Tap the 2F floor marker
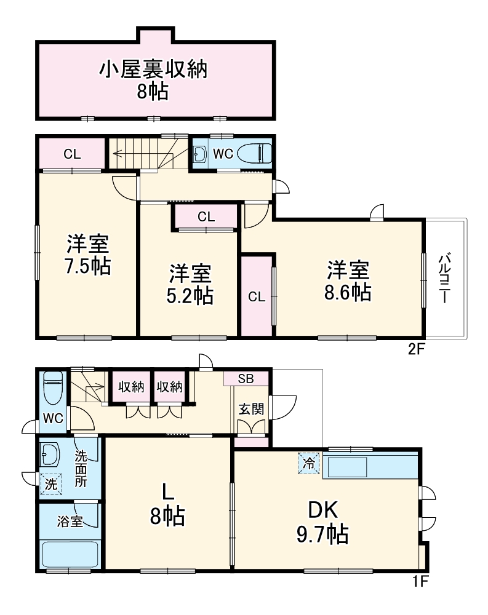click(417, 349)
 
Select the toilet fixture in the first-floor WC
click(53, 387)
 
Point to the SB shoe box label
click(246, 378)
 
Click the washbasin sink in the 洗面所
click(50, 455)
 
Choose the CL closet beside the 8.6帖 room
click(257, 296)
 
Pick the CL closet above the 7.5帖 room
click(72, 154)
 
